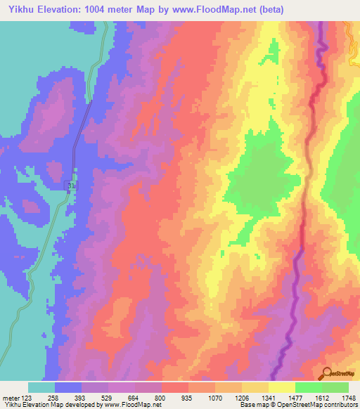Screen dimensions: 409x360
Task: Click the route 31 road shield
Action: (x=70, y=184)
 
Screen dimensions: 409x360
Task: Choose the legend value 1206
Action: (x=242, y=397)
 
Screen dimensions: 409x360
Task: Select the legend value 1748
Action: (x=349, y=397)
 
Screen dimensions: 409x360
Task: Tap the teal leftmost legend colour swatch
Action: (x=41, y=387)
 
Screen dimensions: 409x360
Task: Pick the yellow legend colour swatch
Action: (x=281, y=387)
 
